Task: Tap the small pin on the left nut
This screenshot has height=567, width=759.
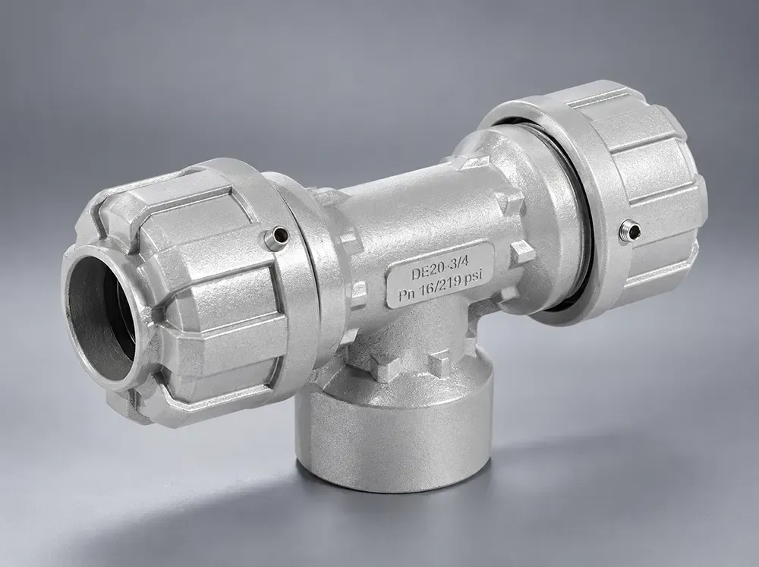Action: [x=277, y=236]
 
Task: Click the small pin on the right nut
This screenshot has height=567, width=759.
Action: [x=630, y=229]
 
